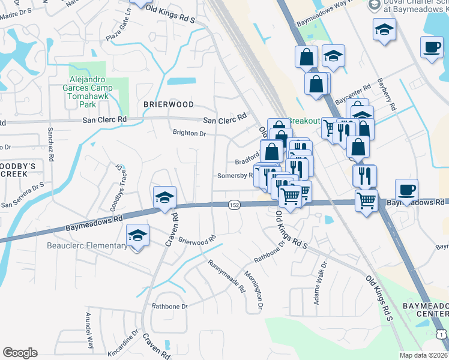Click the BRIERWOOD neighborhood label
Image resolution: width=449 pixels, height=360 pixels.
coord(169,104)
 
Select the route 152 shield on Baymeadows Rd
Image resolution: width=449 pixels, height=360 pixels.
coord(234,205)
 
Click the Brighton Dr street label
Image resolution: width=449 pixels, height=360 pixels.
coord(189,133)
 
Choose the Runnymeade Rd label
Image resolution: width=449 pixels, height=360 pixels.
coord(226,275)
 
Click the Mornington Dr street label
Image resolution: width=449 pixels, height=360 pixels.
coord(254,290)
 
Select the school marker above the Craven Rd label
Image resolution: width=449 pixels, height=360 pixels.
coord(164,197)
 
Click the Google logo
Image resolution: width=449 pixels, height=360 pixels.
coord(20,353)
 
